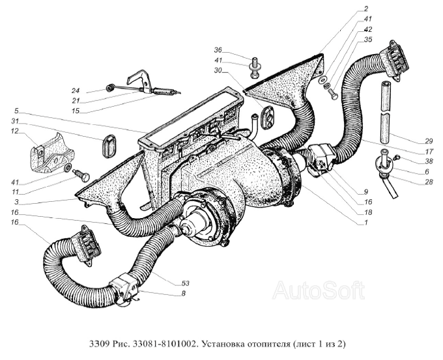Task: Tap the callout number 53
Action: pyautogui.click(x=185, y=283)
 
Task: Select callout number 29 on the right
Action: pyautogui.click(x=428, y=141)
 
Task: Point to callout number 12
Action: pyautogui.click(x=15, y=131)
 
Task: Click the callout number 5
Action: pyautogui.click(x=16, y=110)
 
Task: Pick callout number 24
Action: pyautogui.click(x=76, y=90)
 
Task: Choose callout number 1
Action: pyautogui.click(x=366, y=223)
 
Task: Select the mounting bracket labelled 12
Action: pyautogui.click(x=51, y=154)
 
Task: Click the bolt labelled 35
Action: pyautogui.click(x=333, y=94)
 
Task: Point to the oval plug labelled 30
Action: pyautogui.click(x=268, y=117)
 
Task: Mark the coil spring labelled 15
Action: pyautogui.click(x=164, y=92)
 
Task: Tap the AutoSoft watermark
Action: pyautogui.click(x=319, y=290)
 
